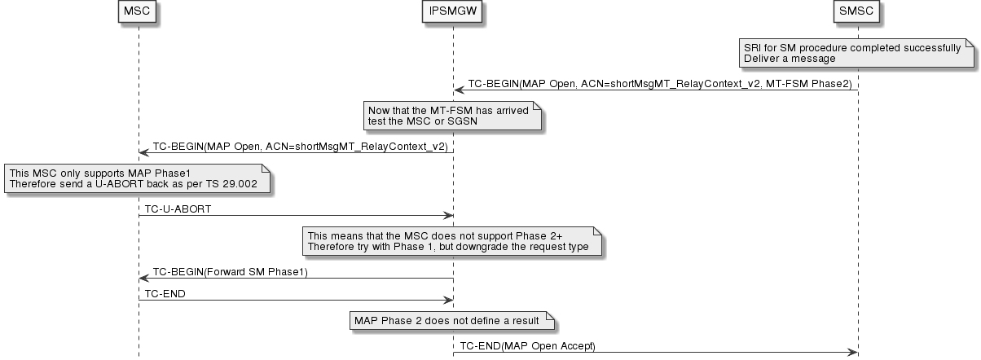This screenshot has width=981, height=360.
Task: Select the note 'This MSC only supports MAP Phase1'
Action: (x=137, y=179)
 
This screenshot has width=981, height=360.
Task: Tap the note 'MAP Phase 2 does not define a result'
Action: (x=452, y=320)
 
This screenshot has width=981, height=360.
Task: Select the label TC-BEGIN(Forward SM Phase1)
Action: (x=231, y=272)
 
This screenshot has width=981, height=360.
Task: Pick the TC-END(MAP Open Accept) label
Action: (x=528, y=346)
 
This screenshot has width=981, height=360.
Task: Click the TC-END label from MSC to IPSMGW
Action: (x=165, y=294)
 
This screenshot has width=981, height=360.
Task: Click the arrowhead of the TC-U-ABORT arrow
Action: (x=447, y=216)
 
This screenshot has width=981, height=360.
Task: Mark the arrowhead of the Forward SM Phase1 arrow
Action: (x=143, y=279)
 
